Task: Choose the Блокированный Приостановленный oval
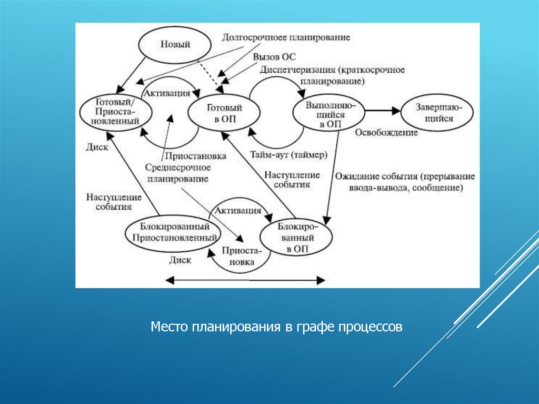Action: pyautogui.click(x=172, y=232)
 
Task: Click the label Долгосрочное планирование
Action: pyautogui.click(x=286, y=38)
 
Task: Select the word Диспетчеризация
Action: pyautogui.click(x=298, y=70)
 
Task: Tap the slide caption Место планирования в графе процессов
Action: pyautogui.click(x=276, y=327)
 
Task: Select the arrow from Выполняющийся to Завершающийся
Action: pyautogui.click(x=383, y=111)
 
